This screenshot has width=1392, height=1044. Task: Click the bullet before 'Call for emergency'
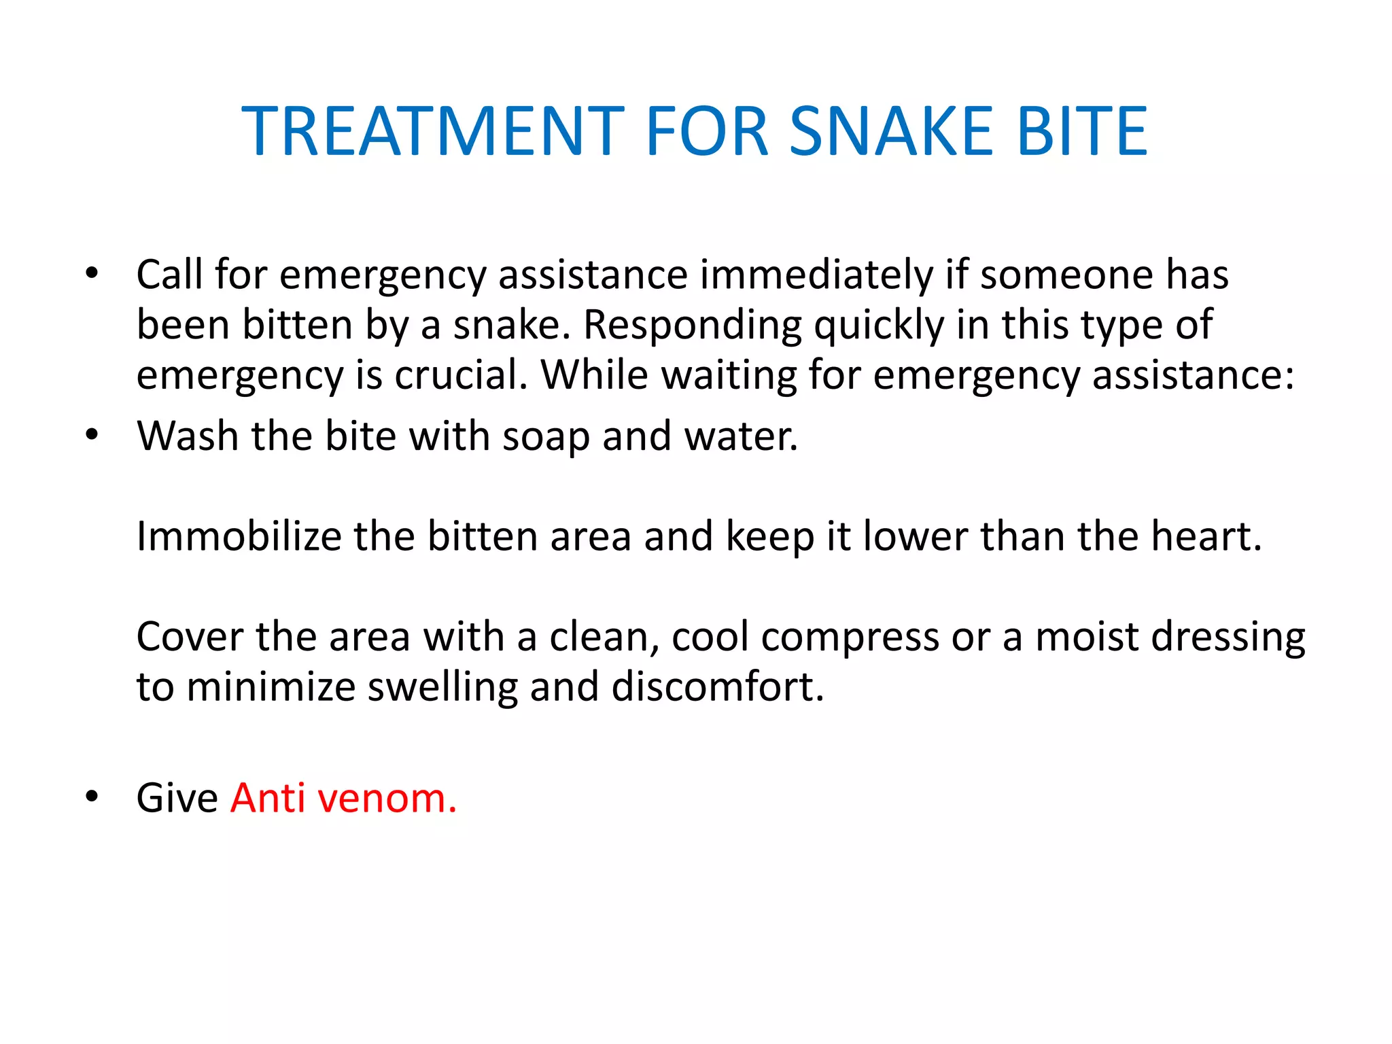[92, 273]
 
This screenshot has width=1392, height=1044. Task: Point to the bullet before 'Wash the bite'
[92, 434]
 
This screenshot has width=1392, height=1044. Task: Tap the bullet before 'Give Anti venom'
[92, 796]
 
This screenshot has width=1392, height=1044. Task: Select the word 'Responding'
[693, 325]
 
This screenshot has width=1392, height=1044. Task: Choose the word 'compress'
[850, 638]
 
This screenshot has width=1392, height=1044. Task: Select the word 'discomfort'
[717, 687]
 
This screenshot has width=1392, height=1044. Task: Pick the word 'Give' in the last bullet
[177, 797]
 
